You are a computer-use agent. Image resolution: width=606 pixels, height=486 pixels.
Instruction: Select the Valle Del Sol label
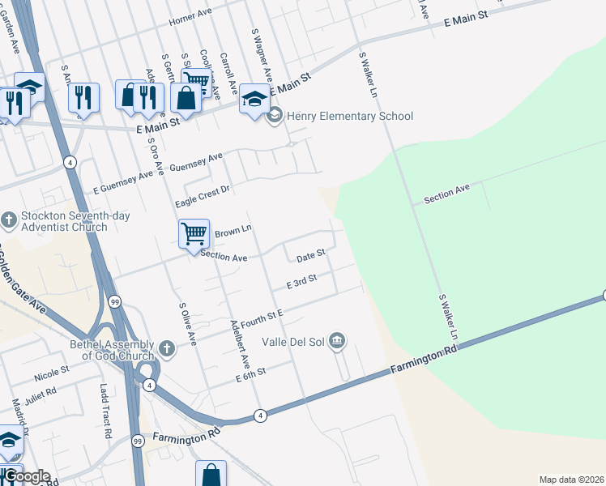pos(292,342)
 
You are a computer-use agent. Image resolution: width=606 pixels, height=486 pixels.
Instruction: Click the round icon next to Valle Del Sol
pos(338,341)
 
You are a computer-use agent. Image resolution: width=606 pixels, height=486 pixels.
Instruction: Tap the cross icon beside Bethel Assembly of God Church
pos(166,348)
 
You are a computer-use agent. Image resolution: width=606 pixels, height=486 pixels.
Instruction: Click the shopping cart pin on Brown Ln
pos(194,233)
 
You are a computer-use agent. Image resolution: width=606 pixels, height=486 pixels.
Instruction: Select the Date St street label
pos(310,256)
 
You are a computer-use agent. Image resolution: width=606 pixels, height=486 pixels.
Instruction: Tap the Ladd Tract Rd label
pos(105,411)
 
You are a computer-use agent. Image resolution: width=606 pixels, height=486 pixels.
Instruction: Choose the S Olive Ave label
pos(188,323)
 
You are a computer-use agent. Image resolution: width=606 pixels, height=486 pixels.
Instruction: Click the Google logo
pos(28,477)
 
